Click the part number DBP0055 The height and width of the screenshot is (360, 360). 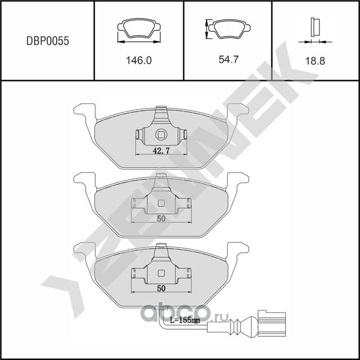[x=48, y=41]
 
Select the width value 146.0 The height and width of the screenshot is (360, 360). [x=138, y=61]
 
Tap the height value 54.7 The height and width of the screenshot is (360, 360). [x=228, y=58]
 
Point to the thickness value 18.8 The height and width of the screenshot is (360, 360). [x=316, y=61]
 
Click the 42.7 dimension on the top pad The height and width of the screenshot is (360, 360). [x=161, y=150]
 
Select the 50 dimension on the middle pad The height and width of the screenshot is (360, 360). [x=161, y=219]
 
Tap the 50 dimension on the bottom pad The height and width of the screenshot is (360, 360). [x=161, y=287]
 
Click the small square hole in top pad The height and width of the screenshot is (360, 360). [x=161, y=134]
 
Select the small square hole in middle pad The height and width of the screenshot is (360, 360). [x=161, y=204]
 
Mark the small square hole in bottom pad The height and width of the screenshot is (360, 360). [x=161, y=273]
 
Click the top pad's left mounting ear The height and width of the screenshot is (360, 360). [x=84, y=112]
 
